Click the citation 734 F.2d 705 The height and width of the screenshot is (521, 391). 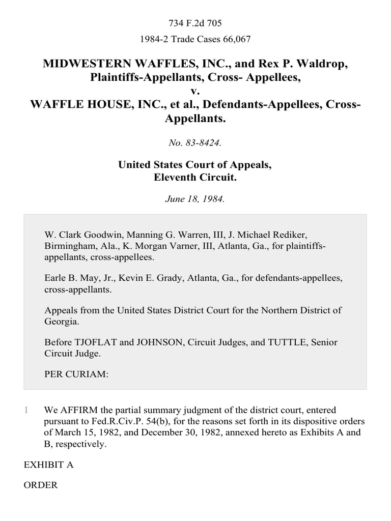point(195,23)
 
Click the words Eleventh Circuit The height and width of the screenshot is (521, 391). point(195,179)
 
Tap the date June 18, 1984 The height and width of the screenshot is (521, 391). point(195,199)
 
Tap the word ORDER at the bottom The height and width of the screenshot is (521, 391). point(41,485)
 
